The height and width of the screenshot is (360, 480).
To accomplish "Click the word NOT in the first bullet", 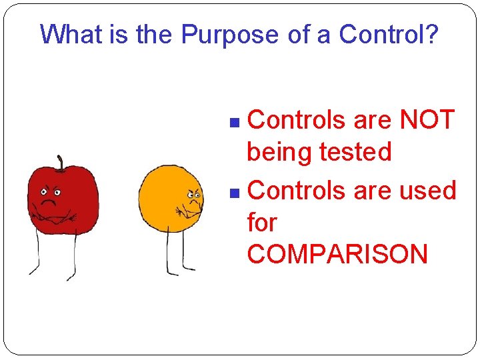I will pyautogui.click(x=427, y=121).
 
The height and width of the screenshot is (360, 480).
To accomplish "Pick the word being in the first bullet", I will pyautogui.click(x=279, y=153).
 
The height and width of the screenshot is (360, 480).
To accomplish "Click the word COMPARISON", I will pyautogui.click(x=337, y=254).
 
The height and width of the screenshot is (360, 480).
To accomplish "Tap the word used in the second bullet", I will pyautogui.click(x=427, y=191).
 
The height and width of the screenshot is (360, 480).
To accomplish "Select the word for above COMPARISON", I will pyautogui.click(x=261, y=222).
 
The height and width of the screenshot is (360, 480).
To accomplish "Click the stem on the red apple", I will pyautogui.click(x=61, y=162).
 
